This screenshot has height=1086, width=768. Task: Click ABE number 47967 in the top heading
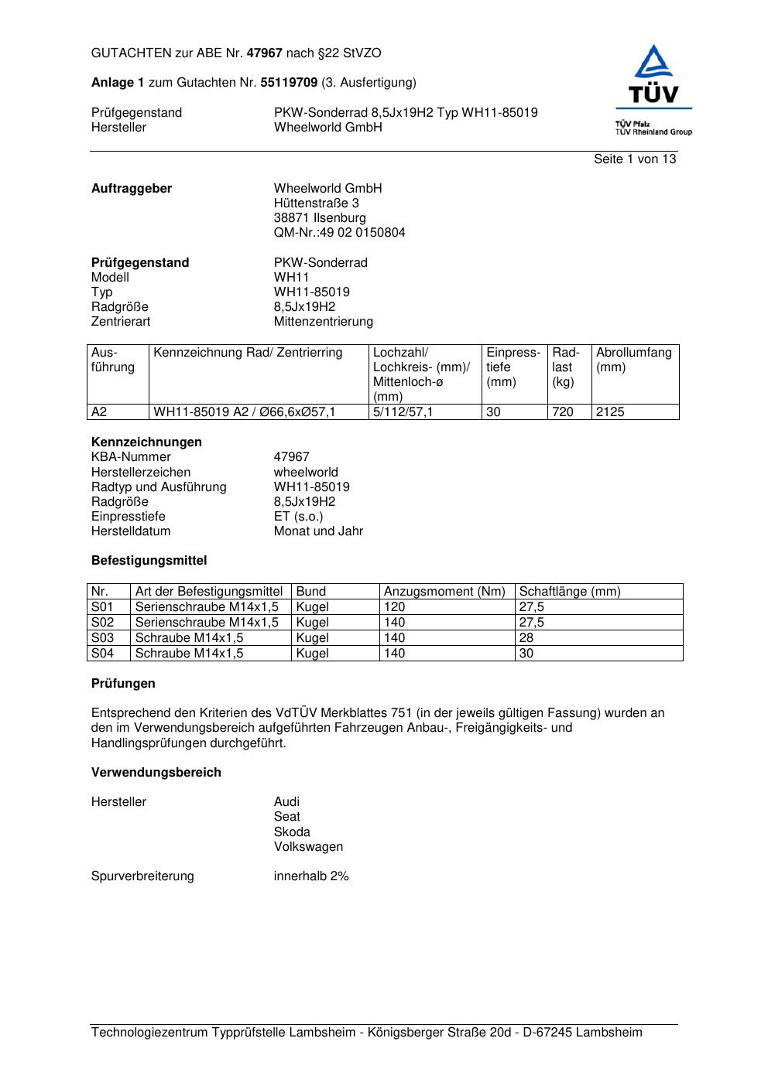[x=264, y=53]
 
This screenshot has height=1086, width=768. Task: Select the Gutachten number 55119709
[x=289, y=82]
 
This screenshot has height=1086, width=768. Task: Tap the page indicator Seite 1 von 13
[x=634, y=159]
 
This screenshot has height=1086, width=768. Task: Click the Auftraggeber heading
[x=132, y=189]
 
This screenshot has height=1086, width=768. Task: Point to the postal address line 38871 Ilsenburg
[x=320, y=218]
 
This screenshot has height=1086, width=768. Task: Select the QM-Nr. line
[x=339, y=233]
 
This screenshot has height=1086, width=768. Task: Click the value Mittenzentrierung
[x=323, y=322]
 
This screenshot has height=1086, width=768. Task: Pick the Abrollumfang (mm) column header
[x=633, y=360]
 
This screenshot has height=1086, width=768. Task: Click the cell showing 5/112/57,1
[x=403, y=412]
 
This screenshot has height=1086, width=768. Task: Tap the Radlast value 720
[x=563, y=412]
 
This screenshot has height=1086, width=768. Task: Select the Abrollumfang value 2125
[x=610, y=412]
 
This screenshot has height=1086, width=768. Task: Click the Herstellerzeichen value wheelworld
[x=306, y=473]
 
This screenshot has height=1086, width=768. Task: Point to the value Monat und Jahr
[x=318, y=531]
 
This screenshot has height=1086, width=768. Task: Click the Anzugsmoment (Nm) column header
[x=444, y=592]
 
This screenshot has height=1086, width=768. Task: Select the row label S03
[x=102, y=638]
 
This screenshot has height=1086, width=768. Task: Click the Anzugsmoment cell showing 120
[x=394, y=607]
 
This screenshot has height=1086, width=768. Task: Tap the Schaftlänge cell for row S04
[x=526, y=654]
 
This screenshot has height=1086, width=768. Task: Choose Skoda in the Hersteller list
[x=292, y=832]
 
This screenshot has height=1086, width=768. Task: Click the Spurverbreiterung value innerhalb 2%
[x=311, y=876]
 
